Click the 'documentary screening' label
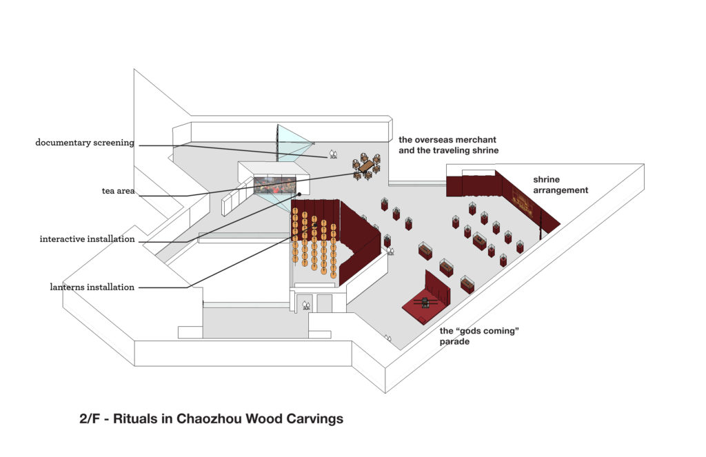pos(85,143)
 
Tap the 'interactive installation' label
pos(87,239)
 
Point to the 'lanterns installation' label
pos(92,287)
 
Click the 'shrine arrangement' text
pos(560,185)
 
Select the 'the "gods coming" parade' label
pos(478,336)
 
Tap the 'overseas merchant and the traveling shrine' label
pos(448,145)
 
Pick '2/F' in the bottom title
pos(90,418)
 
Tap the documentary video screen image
pos(274,185)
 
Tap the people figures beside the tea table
pos(332,154)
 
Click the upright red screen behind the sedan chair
pos(438,287)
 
